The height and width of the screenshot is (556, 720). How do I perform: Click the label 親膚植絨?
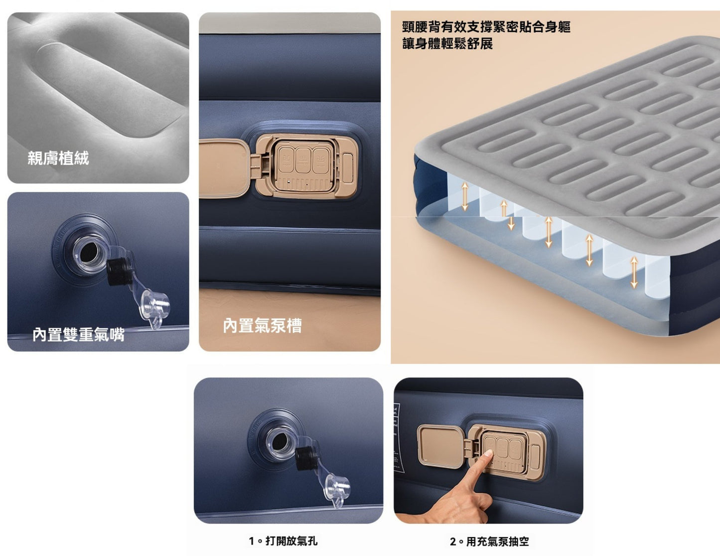click(58, 158)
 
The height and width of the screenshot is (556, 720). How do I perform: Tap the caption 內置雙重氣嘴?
click(78, 334)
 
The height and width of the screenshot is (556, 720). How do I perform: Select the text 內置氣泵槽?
click(262, 325)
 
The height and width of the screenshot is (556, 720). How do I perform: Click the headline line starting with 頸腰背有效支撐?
click(486, 26)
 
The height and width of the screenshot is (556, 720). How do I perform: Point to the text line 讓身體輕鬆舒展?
click(447, 44)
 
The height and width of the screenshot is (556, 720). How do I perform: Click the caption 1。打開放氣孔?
click(283, 541)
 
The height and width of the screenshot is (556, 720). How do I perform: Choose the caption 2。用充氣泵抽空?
click(489, 541)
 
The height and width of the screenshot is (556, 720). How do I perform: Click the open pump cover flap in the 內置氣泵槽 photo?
click(224, 168)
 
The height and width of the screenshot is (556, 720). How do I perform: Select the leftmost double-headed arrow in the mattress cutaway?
click(464, 196)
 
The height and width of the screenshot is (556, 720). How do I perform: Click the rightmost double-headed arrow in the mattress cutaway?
click(634, 272)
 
